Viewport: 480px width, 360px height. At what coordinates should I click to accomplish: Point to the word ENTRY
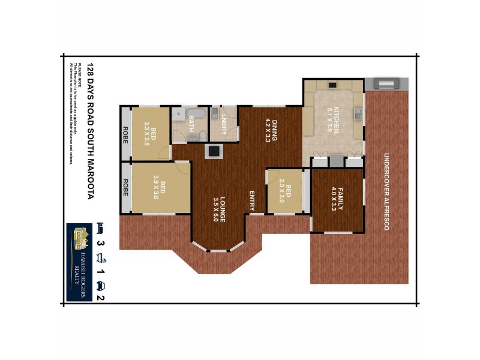pyautogui.click(x=253, y=200)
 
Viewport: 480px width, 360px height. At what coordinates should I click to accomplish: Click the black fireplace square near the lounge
pyautogui.click(x=212, y=151)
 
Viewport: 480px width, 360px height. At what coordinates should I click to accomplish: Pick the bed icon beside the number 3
pyautogui.click(x=101, y=228)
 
